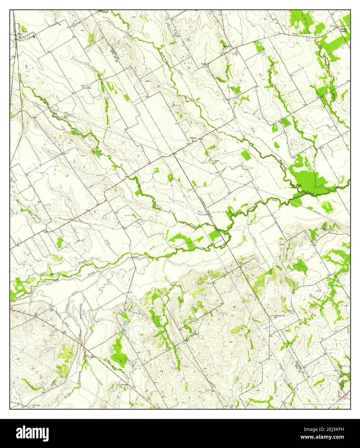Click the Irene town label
click(24, 31)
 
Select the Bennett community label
click(227, 46)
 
